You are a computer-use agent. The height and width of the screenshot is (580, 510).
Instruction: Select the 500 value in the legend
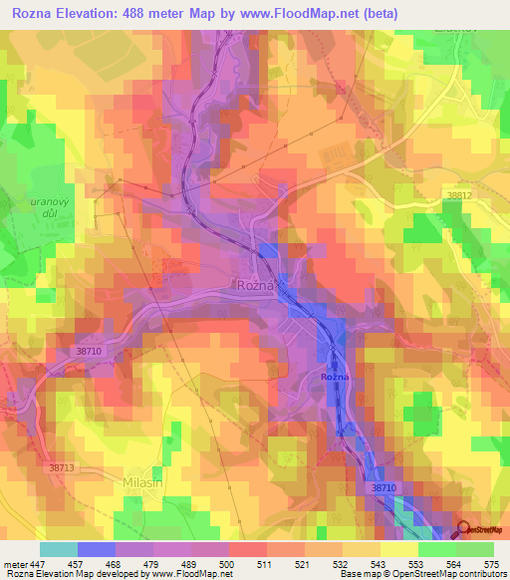(228, 564)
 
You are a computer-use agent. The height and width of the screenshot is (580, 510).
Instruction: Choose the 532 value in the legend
(342, 564)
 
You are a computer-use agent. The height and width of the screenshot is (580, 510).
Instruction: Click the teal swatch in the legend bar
(58, 549)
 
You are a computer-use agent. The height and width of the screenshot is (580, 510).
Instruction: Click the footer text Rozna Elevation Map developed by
(76, 574)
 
